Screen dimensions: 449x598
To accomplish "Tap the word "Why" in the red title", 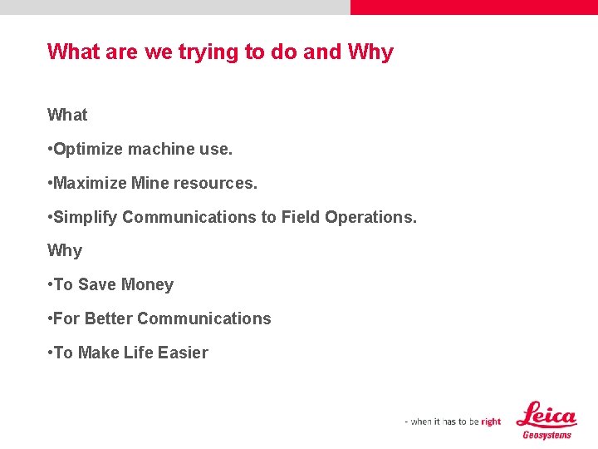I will [x=370, y=52].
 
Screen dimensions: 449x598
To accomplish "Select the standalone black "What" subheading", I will [x=67, y=115].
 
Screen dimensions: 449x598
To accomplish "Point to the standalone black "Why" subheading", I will [x=65, y=250].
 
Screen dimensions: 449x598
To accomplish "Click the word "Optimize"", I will [x=88, y=150].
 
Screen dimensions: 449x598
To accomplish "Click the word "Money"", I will [x=147, y=284].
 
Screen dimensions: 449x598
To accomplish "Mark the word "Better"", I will [x=109, y=318].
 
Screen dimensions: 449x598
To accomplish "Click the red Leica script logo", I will [x=546, y=415].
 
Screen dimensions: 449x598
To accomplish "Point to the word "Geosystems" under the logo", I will [x=547, y=435].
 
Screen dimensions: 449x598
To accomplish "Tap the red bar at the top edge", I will [x=473, y=7].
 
